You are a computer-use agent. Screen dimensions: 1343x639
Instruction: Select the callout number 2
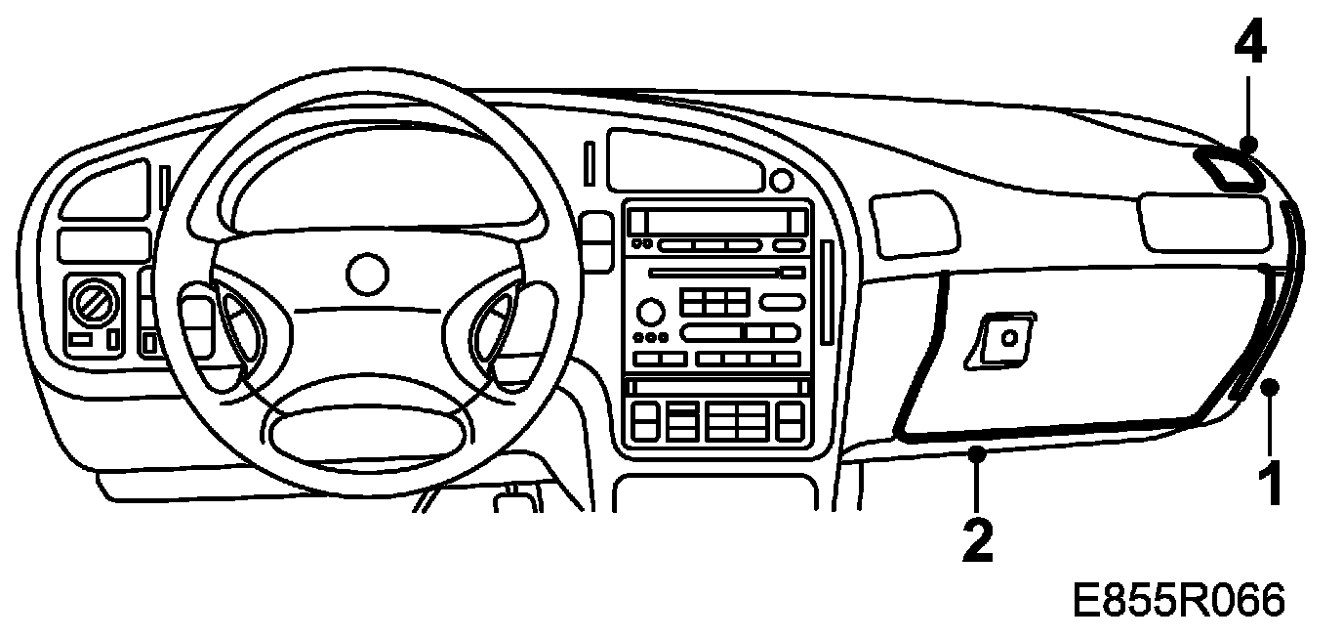pos(976,538)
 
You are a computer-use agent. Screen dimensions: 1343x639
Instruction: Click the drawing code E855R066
pos(1178,601)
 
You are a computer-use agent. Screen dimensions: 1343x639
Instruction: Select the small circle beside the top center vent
pos(780,181)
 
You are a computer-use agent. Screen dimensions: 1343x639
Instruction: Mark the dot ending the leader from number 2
pos(977,453)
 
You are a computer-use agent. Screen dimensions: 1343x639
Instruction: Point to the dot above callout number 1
pos(1269,389)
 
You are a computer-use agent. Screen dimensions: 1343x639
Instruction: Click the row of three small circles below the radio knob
pos(651,338)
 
